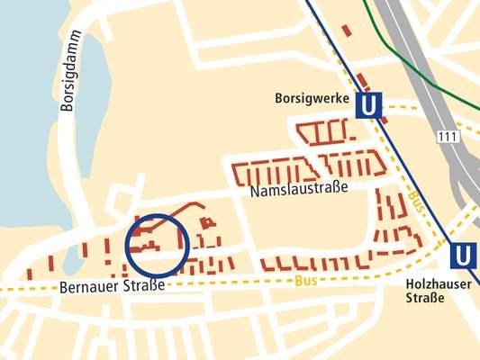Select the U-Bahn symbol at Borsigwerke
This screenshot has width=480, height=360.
point(367,106)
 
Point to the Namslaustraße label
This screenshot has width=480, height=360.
point(298,191)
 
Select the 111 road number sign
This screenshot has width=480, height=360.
point(448,136)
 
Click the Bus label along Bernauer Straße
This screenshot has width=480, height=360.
point(304,282)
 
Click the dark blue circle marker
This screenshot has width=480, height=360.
point(157,244)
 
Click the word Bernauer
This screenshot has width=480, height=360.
point(89,288)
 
